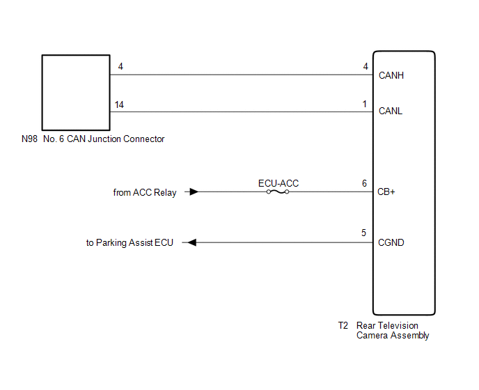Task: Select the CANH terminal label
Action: pyautogui.click(x=391, y=75)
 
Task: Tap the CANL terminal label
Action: pyautogui.click(x=391, y=111)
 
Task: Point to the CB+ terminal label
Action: pyautogui.click(x=387, y=192)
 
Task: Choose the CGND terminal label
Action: pyautogui.click(x=391, y=243)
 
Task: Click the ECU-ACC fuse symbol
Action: pyautogui.click(x=278, y=192)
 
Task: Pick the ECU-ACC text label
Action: pyautogui.click(x=278, y=183)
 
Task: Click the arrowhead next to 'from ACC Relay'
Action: pyautogui.click(x=194, y=192)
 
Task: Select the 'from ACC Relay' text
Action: pyautogui.click(x=145, y=192)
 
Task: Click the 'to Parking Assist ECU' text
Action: pyautogui.click(x=129, y=243)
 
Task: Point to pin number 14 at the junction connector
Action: pyautogui.click(x=120, y=104)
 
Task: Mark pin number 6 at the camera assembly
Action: pyautogui.click(x=364, y=183)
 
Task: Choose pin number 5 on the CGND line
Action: pyautogui.click(x=364, y=233)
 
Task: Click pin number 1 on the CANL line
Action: pyautogui.click(x=364, y=104)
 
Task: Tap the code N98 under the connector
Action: pyautogui.click(x=29, y=139)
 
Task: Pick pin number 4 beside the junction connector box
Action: pyautogui.click(x=121, y=68)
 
